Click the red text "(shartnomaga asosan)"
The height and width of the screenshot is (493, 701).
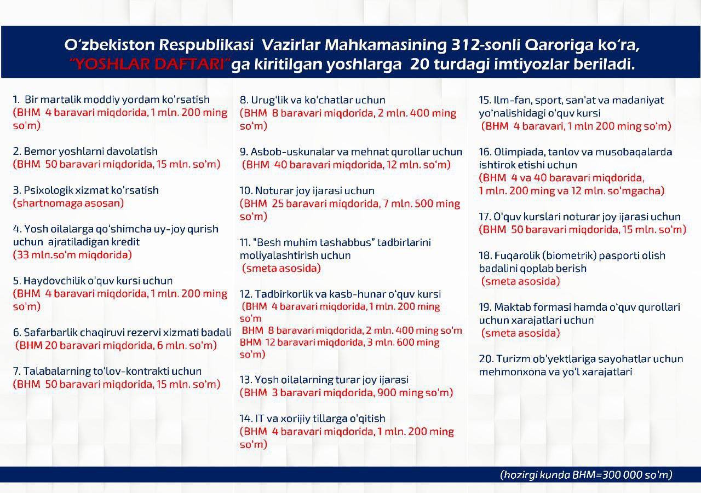[68, 204]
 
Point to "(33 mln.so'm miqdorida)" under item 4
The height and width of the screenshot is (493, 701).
[72, 255]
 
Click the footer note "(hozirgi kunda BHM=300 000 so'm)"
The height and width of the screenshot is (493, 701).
[586, 475]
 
